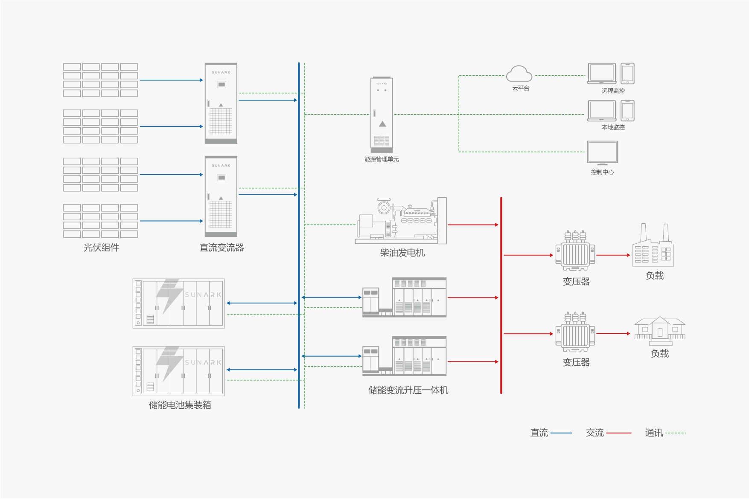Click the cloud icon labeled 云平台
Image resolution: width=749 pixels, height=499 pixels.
point(519,74)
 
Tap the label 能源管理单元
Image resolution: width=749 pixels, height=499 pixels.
point(382,159)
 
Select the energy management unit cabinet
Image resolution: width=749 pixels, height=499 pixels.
point(382,114)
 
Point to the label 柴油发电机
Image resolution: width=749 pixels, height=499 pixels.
point(402,253)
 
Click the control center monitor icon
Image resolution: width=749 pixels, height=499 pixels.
point(602,153)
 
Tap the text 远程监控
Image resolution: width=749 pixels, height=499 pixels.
point(613,91)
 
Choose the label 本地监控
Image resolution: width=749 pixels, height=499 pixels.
point(613,127)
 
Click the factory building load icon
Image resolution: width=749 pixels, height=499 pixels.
point(653,247)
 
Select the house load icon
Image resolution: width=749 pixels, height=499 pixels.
point(660,331)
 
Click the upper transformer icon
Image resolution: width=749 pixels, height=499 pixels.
point(575,251)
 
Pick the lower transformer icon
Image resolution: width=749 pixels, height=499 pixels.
point(575,333)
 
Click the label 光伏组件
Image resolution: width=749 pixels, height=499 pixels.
point(101,248)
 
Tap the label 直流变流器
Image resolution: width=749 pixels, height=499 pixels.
point(221,248)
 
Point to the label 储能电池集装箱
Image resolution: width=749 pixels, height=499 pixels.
point(180,405)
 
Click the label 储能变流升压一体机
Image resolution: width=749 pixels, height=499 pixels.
point(408,390)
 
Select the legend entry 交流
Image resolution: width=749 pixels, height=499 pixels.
point(595,433)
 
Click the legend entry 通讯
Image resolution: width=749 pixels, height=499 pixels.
point(654,433)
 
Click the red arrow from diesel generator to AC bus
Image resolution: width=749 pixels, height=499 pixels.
point(473,225)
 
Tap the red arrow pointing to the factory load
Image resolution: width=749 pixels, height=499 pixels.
point(613,255)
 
